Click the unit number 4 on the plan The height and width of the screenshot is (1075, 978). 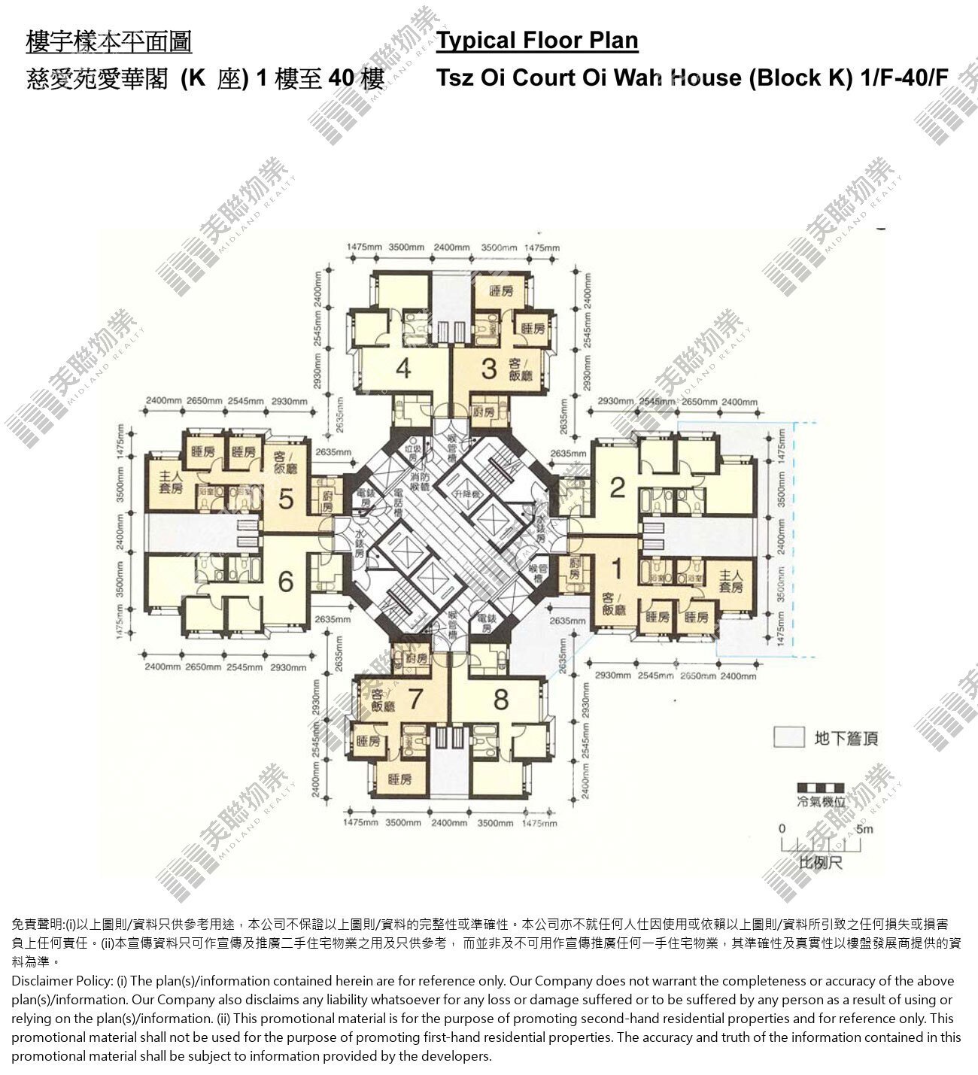pyautogui.click(x=403, y=369)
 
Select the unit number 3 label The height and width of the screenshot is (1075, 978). pyautogui.click(x=489, y=369)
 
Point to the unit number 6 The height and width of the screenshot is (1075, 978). pyautogui.click(x=285, y=582)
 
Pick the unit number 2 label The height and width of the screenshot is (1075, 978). pyautogui.click(x=618, y=487)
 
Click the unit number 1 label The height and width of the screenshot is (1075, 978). pyautogui.click(x=617, y=569)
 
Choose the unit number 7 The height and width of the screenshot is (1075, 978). pyautogui.click(x=415, y=700)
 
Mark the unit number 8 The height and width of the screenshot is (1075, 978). pyautogui.click(x=501, y=700)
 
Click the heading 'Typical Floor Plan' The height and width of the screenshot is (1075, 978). pyautogui.click(x=537, y=40)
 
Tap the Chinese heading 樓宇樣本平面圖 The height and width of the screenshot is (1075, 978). pyautogui.click(x=109, y=41)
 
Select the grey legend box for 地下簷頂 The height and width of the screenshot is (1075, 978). pyautogui.click(x=789, y=737)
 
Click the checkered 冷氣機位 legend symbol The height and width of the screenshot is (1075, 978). pyautogui.click(x=821, y=788)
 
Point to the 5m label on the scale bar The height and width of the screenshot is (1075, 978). pyautogui.click(x=864, y=829)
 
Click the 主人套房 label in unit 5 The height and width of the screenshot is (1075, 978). pyautogui.click(x=172, y=481)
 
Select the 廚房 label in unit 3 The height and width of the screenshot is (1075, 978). pyautogui.click(x=485, y=411)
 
